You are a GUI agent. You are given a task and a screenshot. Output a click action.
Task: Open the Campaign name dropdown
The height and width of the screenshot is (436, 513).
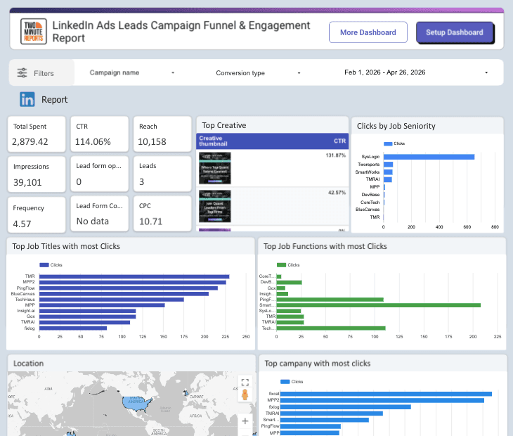click(132, 72)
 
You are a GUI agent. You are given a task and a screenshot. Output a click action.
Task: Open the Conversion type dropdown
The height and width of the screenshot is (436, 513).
click(257, 72)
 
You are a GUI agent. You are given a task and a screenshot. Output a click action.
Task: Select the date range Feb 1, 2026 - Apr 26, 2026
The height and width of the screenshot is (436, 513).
click(415, 72)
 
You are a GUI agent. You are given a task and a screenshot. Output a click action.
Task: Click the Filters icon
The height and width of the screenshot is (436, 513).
click(22, 73)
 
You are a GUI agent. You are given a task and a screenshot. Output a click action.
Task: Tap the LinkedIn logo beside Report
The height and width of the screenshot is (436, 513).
click(27, 99)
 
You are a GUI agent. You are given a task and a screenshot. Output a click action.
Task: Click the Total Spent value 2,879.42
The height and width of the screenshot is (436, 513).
click(31, 141)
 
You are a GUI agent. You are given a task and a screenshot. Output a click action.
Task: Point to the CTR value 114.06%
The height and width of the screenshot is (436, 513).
click(93, 141)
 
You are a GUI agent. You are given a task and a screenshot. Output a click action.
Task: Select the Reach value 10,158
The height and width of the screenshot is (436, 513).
click(152, 141)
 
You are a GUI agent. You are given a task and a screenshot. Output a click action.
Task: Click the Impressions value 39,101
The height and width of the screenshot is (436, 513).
click(31, 181)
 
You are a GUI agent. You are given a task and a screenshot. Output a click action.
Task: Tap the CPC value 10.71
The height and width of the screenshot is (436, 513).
click(150, 221)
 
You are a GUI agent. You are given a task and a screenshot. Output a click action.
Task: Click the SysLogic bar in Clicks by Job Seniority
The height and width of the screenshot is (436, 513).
click(429, 157)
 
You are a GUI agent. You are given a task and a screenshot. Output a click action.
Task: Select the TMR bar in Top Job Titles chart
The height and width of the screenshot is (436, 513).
click(134, 276)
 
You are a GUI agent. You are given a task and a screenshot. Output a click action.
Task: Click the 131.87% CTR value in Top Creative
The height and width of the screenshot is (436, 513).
click(335, 155)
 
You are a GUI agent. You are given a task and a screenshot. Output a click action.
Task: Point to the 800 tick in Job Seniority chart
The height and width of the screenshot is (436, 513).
click(495, 227)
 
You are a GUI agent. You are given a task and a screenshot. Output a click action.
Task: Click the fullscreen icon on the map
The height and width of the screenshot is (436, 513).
click(245, 383)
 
